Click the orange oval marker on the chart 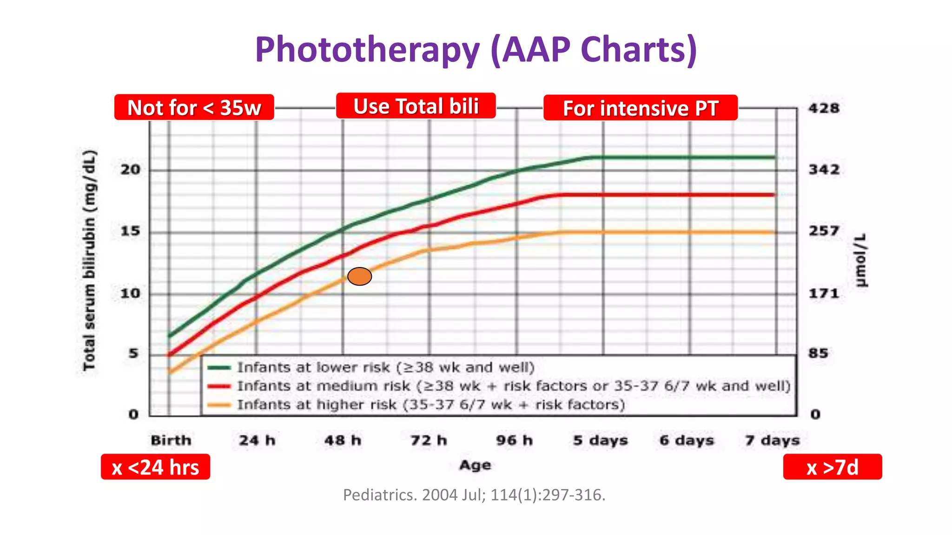click(x=359, y=276)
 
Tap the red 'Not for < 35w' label click(x=194, y=108)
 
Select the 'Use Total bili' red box click(x=416, y=106)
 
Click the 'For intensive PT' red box click(x=640, y=108)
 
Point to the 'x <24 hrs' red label click(x=155, y=467)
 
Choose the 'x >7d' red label click(x=832, y=467)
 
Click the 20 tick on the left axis click(x=130, y=170)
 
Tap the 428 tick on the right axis click(x=824, y=108)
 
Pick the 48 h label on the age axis click(x=343, y=440)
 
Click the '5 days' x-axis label click(x=600, y=440)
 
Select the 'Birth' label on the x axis click(x=171, y=440)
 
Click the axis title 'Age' click(x=475, y=465)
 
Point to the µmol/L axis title click(x=861, y=261)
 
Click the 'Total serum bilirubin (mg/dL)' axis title click(x=89, y=260)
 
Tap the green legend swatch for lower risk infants click(x=219, y=367)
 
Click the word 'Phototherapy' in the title click(x=367, y=49)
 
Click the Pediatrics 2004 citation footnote click(x=474, y=495)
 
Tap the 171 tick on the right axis click(x=824, y=294)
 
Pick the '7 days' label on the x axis click(x=772, y=440)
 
